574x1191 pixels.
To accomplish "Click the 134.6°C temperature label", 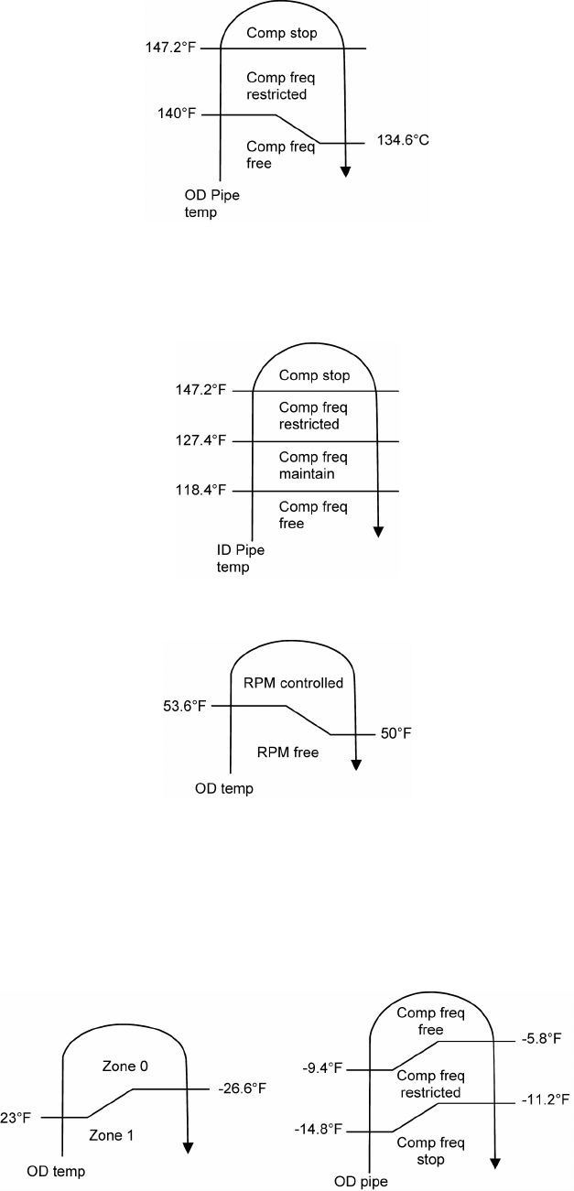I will [402, 141].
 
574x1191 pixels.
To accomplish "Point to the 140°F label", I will [177, 114].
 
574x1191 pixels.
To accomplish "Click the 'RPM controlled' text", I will [294, 682].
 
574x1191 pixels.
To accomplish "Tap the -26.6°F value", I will [242, 1088].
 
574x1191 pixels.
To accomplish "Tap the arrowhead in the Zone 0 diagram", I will [187, 1149].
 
